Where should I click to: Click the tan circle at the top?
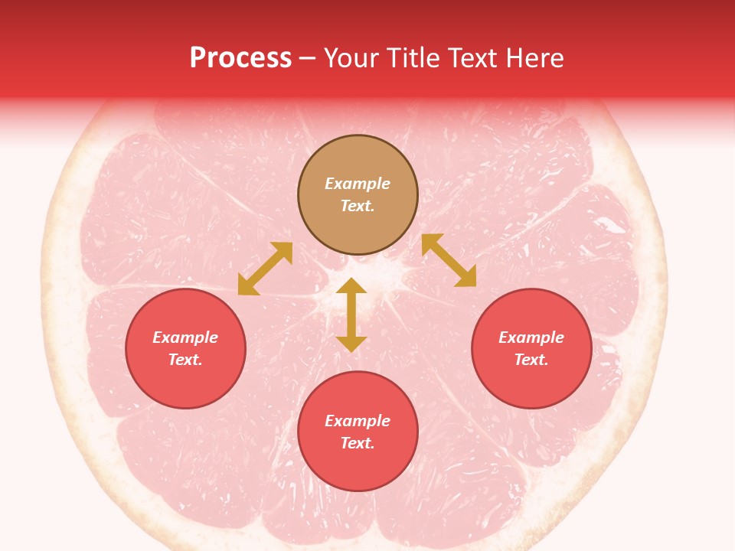(358, 195)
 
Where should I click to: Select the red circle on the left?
(185, 348)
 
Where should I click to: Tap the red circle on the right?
(531, 348)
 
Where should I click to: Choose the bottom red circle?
(358, 432)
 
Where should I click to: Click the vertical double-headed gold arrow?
(351, 315)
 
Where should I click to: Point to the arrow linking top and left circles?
(265, 269)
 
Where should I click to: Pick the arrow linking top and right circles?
(449, 260)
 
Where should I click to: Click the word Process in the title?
(240, 58)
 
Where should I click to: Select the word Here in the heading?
(535, 58)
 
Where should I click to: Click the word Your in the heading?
(351, 58)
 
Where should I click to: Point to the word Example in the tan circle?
(358, 184)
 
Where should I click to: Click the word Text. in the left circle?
(185, 360)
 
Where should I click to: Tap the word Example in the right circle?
(531, 337)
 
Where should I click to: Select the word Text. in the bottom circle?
(358, 443)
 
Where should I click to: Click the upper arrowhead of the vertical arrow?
(351, 285)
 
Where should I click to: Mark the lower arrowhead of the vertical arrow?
(351, 344)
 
